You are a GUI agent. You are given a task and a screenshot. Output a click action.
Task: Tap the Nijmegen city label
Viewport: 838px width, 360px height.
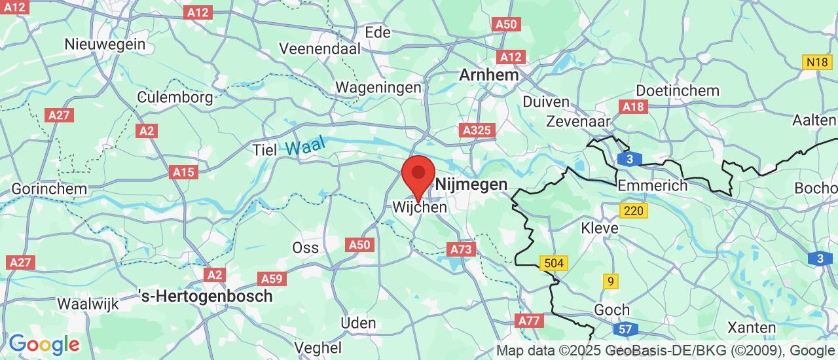click(471, 185)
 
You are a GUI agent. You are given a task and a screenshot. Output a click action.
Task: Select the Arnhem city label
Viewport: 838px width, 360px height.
click(488, 75)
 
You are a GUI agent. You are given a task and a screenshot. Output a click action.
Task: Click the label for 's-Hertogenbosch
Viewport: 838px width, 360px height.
click(206, 296)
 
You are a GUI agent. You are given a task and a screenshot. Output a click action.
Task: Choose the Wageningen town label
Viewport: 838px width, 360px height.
click(378, 87)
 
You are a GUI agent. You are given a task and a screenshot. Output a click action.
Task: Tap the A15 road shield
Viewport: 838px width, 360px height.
click(183, 172)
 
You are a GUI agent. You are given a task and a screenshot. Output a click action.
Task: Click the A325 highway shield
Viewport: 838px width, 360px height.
click(478, 130)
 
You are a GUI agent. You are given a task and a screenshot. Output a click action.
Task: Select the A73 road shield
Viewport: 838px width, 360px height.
click(461, 249)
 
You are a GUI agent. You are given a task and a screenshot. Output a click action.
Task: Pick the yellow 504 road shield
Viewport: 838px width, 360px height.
click(554, 263)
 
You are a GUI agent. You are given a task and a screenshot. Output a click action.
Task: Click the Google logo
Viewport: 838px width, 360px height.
click(44, 344)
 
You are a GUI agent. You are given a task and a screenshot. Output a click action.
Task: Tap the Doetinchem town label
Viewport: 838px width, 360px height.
click(678, 91)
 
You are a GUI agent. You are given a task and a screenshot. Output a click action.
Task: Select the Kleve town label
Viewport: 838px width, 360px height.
click(600, 228)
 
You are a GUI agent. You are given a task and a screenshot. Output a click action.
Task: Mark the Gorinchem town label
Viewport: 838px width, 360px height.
click(49, 189)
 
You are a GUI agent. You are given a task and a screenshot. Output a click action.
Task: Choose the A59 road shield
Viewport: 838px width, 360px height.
click(272, 279)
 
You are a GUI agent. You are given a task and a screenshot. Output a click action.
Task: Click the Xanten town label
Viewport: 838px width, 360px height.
click(752, 327)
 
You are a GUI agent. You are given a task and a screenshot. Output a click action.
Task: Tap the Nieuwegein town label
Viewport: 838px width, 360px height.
click(105, 45)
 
